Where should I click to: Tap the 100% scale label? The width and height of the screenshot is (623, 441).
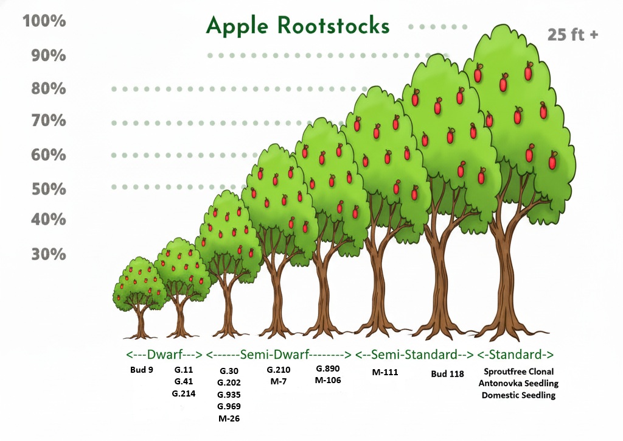click(x=44, y=21)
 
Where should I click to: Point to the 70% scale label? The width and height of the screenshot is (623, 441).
click(x=48, y=121)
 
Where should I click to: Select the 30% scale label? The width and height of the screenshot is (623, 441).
click(x=48, y=253)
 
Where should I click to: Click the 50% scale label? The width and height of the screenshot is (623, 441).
click(x=48, y=188)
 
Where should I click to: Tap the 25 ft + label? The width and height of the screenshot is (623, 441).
click(x=573, y=35)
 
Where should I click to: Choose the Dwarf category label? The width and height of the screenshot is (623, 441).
click(x=163, y=355)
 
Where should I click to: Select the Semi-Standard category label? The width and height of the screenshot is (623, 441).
click(x=414, y=355)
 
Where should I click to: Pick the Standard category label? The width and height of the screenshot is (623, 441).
click(x=516, y=355)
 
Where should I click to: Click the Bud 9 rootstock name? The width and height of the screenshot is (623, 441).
click(x=142, y=370)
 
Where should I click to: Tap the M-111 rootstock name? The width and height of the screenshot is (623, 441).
click(x=385, y=372)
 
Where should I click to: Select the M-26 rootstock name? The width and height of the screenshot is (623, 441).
click(x=229, y=418)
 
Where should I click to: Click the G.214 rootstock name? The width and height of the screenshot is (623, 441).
click(x=184, y=393)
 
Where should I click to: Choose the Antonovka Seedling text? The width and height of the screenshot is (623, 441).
click(x=518, y=383)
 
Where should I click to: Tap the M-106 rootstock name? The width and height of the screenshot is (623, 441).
click(x=328, y=381)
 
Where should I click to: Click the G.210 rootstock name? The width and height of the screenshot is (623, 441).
click(x=279, y=370)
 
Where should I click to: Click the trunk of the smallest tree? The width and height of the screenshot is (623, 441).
click(x=141, y=323)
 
